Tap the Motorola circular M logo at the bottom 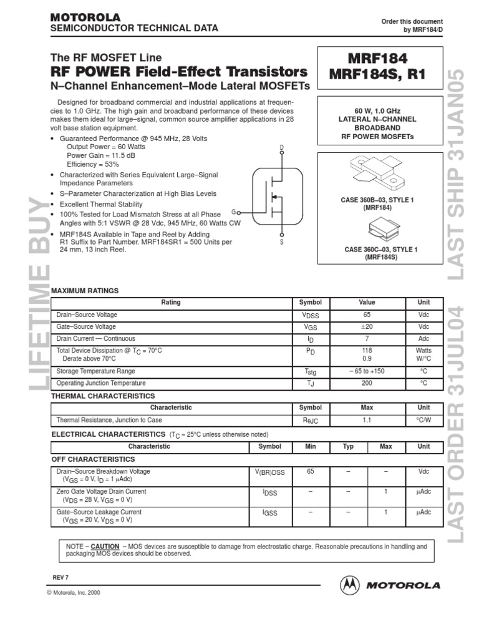350,585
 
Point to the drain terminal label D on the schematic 281,147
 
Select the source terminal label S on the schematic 281,241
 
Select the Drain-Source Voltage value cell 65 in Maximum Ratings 367,315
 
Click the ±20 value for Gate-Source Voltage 367,327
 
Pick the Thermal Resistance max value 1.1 367,420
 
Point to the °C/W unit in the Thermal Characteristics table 423,420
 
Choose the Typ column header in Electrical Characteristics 349,447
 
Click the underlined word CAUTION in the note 105,546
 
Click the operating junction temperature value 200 367,383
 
